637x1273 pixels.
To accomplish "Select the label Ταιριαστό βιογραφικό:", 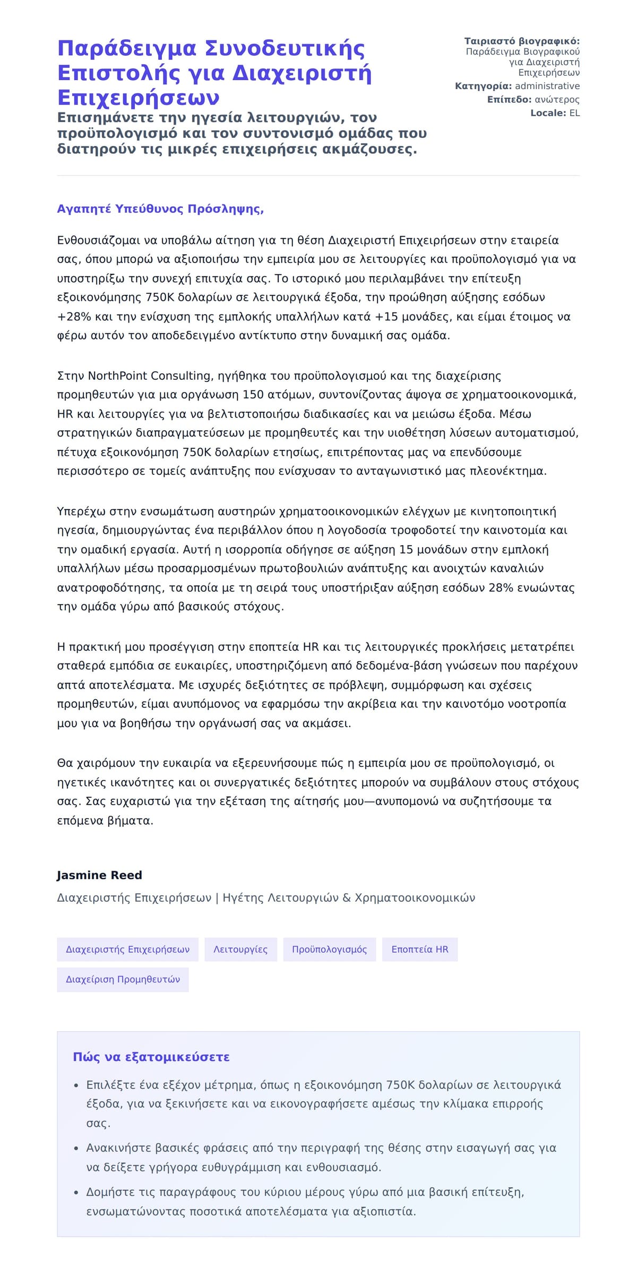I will tap(522, 41).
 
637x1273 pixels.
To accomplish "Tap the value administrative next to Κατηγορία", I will tap(547, 86).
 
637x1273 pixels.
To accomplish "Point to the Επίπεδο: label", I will tap(509, 100).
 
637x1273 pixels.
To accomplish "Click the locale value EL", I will tap(574, 113).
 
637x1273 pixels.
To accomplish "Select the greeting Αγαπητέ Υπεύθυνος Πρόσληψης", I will tap(160, 209).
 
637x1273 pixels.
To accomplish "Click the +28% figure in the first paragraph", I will tap(74, 317).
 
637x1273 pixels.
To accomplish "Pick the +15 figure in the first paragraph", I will tap(386, 317).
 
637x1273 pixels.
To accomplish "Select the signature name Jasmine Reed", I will tap(99, 875).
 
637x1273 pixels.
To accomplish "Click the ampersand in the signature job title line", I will tap(347, 898).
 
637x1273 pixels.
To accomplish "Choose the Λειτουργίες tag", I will tap(240, 949).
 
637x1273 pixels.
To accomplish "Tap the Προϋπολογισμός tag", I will tap(329, 949).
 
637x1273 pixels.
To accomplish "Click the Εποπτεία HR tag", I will tap(420, 949).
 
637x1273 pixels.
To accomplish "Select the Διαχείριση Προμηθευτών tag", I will tap(123, 979).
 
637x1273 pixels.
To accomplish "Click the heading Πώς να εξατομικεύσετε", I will tap(151, 1057).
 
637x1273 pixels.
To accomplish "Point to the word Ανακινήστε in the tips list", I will tap(118, 1148).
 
